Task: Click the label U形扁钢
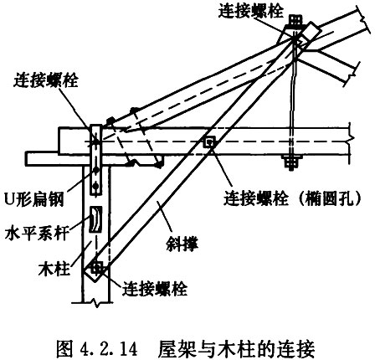click(34, 199)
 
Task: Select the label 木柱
click(54, 269)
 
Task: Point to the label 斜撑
click(182, 244)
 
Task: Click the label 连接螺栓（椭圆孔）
click(292, 198)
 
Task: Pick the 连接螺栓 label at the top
click(250, 12)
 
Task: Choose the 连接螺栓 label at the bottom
click(155, 289)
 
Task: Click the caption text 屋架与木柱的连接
click(236, 348)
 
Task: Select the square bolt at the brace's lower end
click(96, 268)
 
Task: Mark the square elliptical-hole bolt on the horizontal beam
click(209, 141)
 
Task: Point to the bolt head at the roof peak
click(295, 19)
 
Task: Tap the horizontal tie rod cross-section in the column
click(95, 219)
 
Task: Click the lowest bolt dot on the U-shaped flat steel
click(95, 185)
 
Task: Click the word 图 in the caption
click(64, 348)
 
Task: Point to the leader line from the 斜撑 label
click(165, 218)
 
